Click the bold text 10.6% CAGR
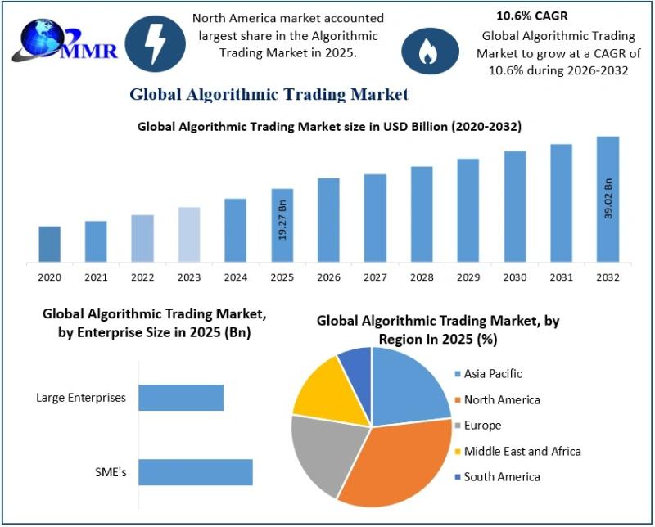point(531,16)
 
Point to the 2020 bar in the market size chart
point(49,244)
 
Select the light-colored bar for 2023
point(188,234)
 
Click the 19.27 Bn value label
point(282,218)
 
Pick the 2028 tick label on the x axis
point(421,278)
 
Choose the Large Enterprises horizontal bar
point(180,398)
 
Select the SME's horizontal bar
point(195,472)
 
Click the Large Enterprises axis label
point(81,399)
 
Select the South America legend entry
point(501,477)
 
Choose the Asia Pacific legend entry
point(492,374)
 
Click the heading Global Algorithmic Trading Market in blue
point(269,94)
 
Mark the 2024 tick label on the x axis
point(235,278)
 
